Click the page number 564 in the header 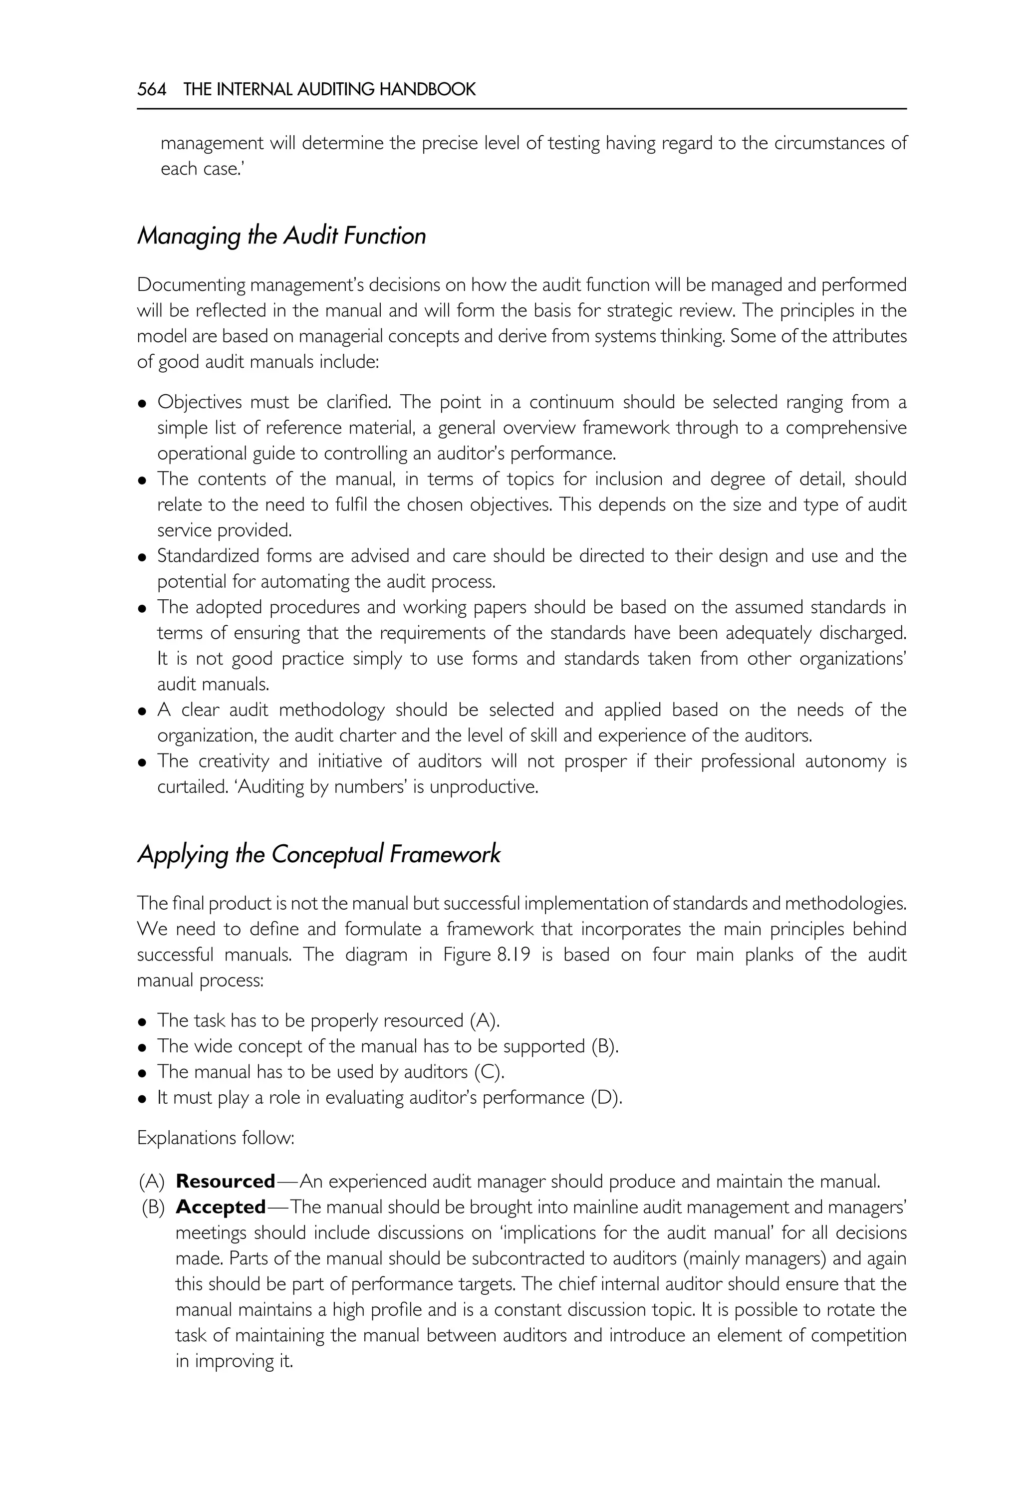(151, 90)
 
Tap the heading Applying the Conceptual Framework (318, 854)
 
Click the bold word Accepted (220, 1207)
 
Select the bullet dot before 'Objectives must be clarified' (143, 404)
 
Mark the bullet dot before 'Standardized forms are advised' (143, 558)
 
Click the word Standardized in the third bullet (201, 556)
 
